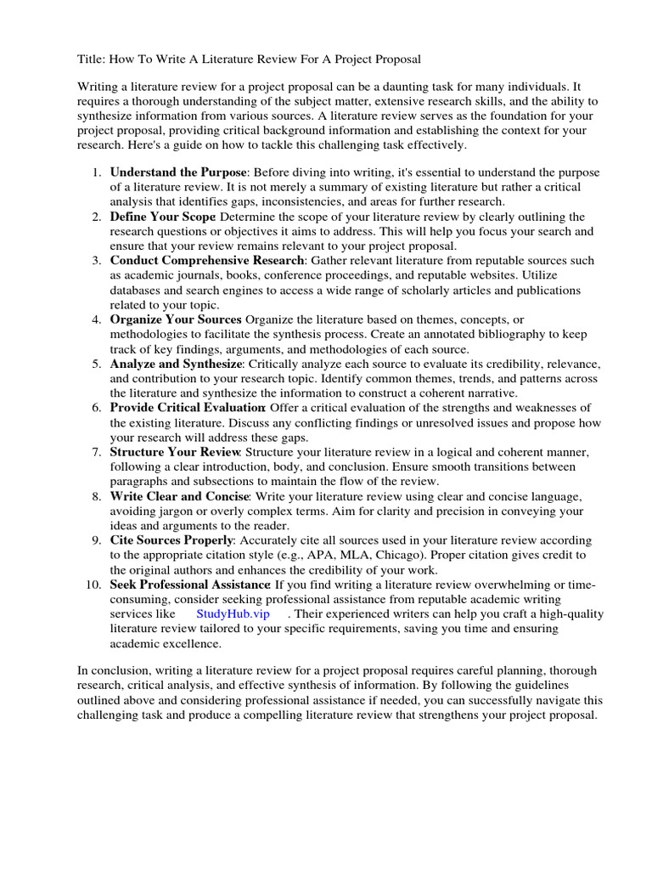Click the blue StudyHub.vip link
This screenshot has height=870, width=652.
pos(233,613)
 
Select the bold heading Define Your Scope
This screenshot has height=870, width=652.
pos(162,217)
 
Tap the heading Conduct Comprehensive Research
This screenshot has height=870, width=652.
pos(206,260)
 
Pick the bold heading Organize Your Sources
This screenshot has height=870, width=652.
pos(176,319)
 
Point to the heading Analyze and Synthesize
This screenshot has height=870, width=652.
pos(176,364)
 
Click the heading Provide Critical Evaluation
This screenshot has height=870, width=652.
pos(188,408)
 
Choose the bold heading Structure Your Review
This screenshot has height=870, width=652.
pos(176,452)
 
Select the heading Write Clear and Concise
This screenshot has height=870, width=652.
pos(179,496)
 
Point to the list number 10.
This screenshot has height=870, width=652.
pos(93,585)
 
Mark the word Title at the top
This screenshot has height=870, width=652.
pos(90,59)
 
